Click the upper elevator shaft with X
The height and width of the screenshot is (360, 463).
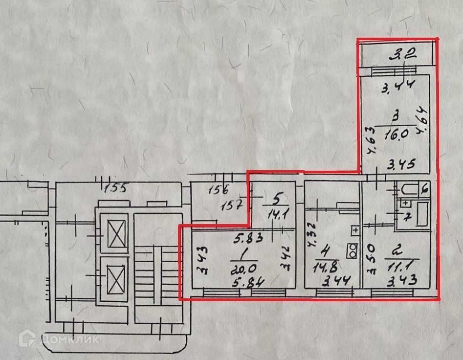118,234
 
